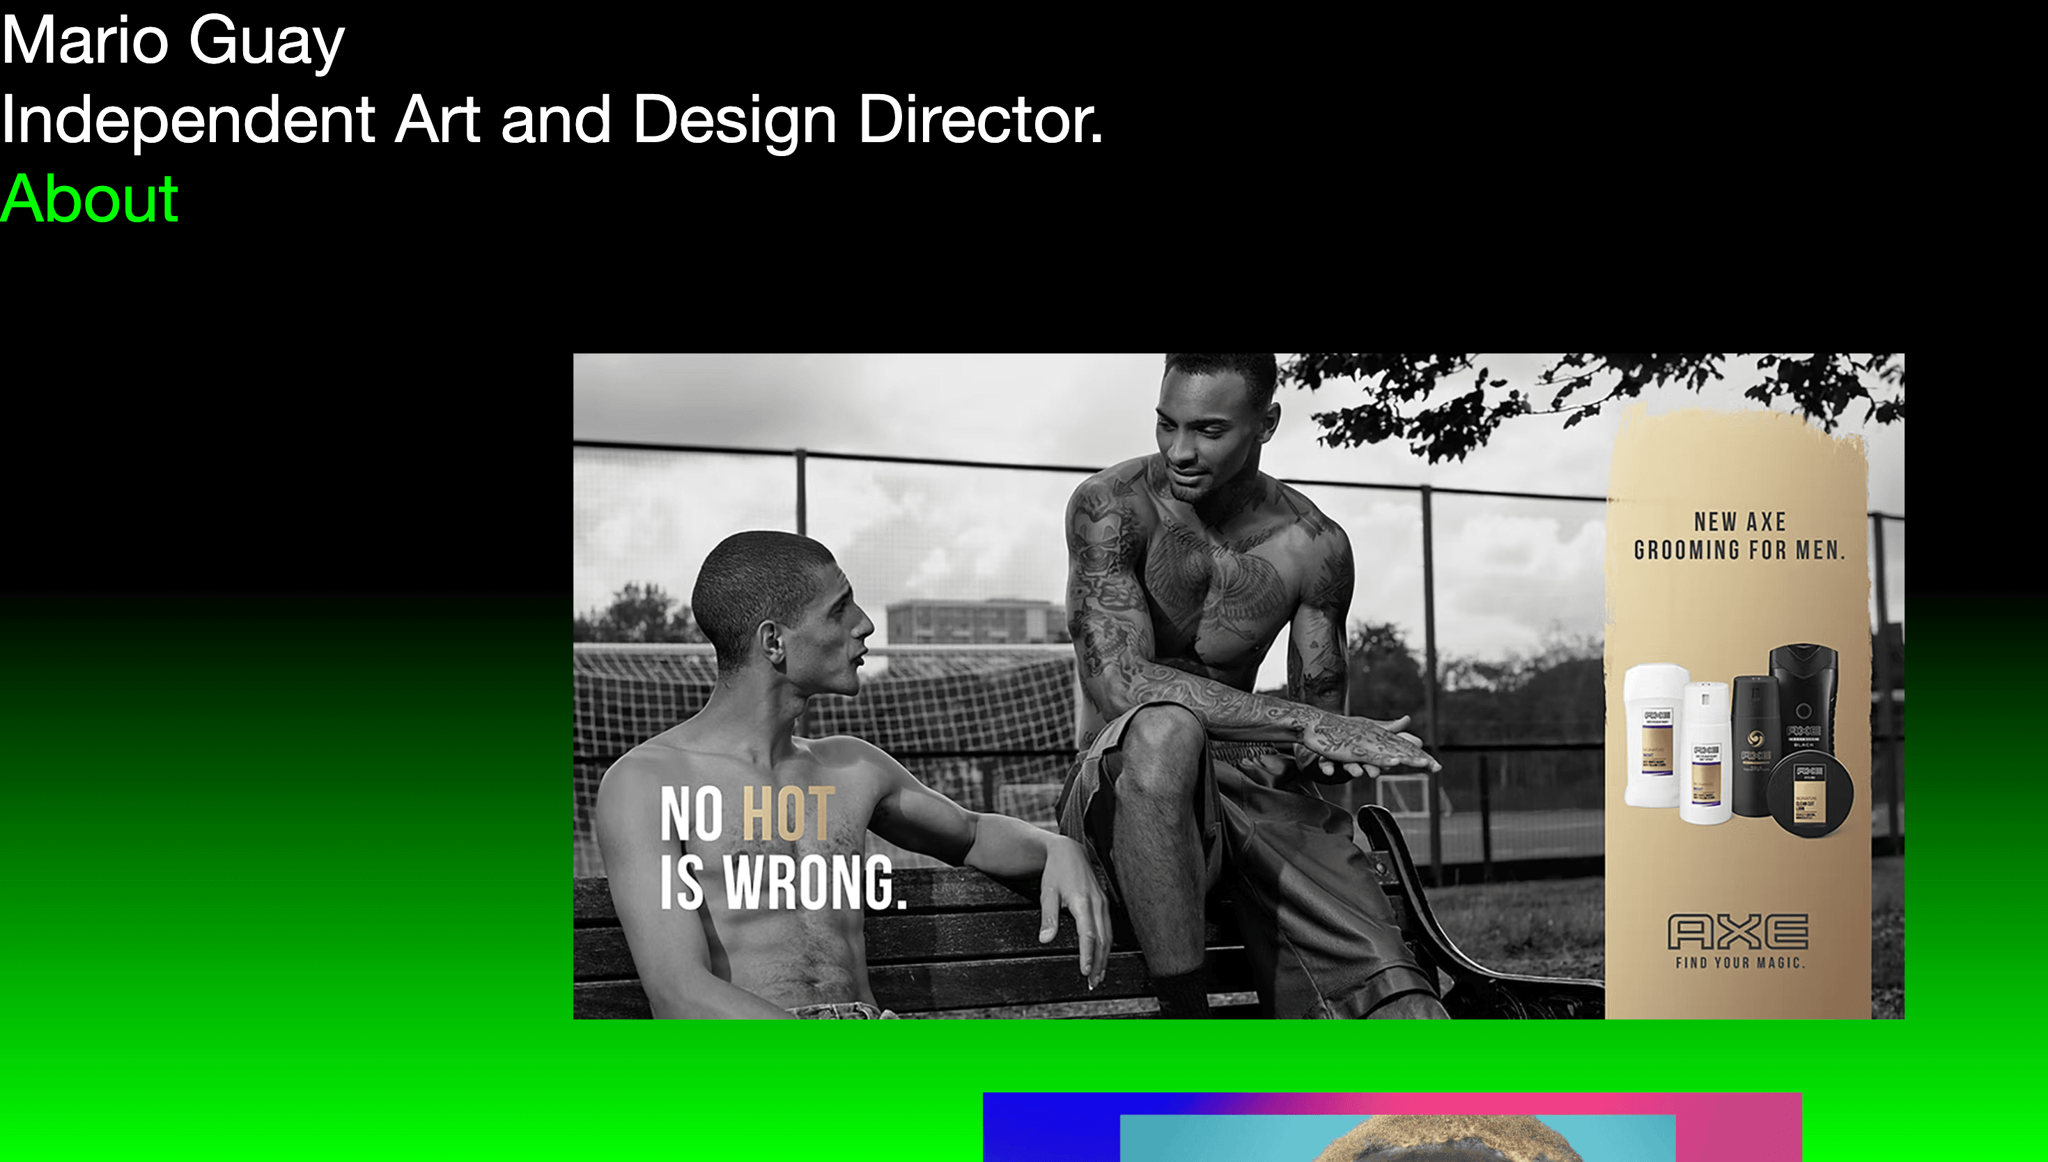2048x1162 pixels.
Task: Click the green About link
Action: (x=88, y=199)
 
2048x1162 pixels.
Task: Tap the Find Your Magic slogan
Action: (x=1739, y=963)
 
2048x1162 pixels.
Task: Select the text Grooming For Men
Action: (x=1739, y=550)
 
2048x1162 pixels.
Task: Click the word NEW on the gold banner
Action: (x=1714, y=522)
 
